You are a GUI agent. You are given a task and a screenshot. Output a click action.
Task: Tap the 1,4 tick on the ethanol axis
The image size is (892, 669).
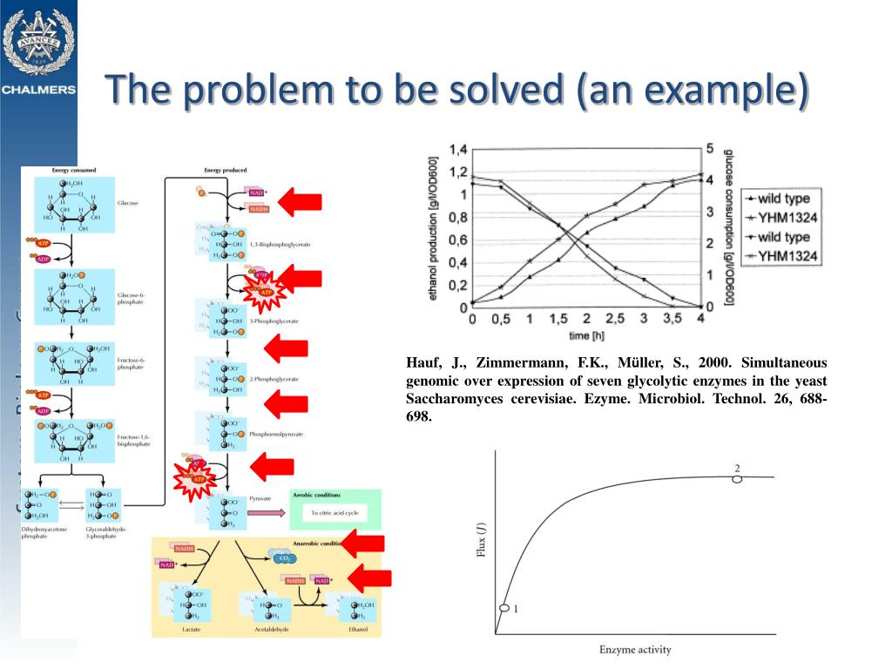pyautogui.click(x=457, y=149)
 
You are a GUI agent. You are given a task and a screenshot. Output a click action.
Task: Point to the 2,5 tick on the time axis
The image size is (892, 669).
pyautogui.click(x=615, y=319)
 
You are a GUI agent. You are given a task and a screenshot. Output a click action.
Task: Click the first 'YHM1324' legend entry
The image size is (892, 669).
pyautogui.click(x=787, y=217)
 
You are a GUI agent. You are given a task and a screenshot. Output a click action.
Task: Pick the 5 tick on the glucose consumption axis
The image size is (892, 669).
pyautogui.click(x=711, y=149)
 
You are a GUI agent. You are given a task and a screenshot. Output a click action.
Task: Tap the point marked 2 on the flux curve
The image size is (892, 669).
pyautogui.click(x=737, y=478)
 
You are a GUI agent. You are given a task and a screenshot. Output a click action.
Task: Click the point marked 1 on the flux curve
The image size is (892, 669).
pyautogui.click(x=503, y=608)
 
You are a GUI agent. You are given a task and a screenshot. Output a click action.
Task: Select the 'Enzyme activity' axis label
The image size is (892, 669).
pyautogui.click(x=635, y=649)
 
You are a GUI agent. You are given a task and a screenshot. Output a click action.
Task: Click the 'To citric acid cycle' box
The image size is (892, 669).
pyautogui.click(x=334, y=513)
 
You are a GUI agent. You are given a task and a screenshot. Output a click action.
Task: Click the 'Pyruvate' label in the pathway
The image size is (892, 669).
pyautogui.click(x=260, y=499)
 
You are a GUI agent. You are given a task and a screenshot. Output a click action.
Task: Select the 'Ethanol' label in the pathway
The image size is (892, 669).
pyautogui.click(x=357, y=629)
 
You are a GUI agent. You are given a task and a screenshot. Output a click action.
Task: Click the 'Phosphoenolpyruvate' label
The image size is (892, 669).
pyautogui.click(x=275, y=433)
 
